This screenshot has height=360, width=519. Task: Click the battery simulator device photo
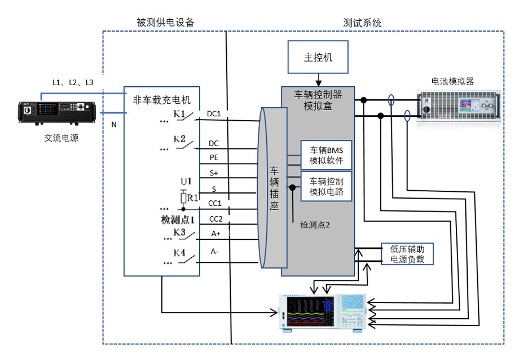click(x=460, y=106)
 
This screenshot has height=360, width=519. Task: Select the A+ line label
click(x=214, y=234)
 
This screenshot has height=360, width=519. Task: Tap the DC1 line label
click(x=214, y=114)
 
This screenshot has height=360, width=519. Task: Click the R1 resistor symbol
click(x=183, y=198)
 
